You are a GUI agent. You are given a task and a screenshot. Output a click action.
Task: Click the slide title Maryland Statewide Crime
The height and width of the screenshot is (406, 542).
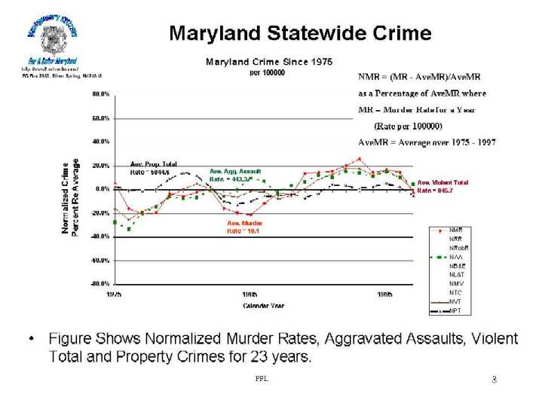pyautogui.click(x=299, y=34)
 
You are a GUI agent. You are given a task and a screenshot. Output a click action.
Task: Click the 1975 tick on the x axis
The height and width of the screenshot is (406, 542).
pyautogui.click(x=115, y=295)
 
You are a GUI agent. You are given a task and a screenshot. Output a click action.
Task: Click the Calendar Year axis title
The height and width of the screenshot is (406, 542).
pyautogui.click(x=262, y=305)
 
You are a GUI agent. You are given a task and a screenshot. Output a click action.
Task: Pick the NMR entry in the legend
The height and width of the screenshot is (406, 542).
pyautogui.click(x=457, y=229)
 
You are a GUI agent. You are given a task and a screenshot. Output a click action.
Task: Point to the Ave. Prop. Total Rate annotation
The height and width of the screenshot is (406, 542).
pyautogui.click(x=153, y=167)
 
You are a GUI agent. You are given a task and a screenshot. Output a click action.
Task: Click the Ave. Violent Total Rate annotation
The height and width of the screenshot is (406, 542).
pyautogui.click(x=443, y=186)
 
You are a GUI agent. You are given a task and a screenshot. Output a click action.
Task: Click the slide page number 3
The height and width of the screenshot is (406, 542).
pyautogui.click(x=494, y=380)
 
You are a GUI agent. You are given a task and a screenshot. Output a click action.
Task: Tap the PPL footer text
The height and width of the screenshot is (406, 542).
pyautogui.click(x=262, y=379)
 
